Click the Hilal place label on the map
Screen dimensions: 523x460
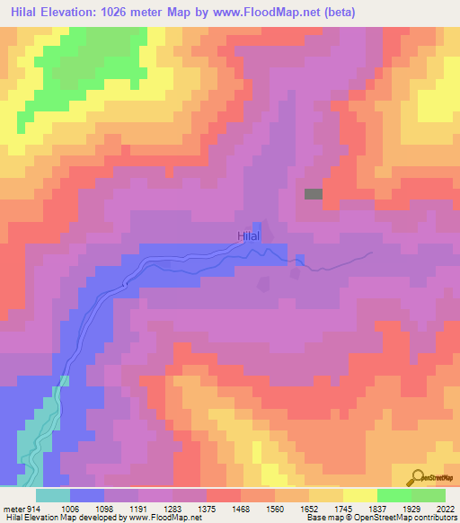coord(249,236)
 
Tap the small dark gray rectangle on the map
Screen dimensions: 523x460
coord(314,193)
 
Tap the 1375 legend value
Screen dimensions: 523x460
coord(225,508)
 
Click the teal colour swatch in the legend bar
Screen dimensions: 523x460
coord(53,495)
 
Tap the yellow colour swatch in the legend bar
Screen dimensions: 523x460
coord(360,495)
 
